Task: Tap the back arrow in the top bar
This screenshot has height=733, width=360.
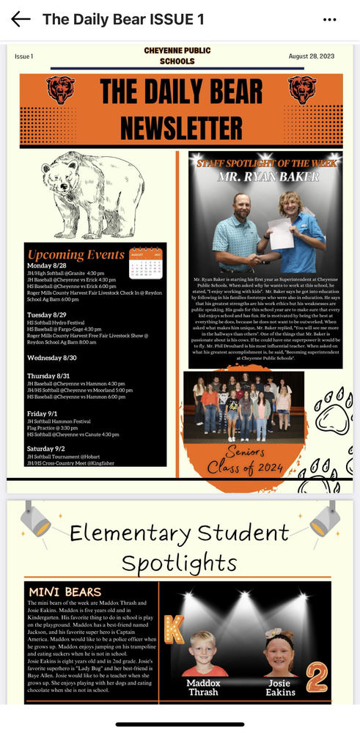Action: (21, 19)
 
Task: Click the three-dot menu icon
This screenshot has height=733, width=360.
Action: (330, 19)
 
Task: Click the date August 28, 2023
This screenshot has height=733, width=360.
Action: (312, 56)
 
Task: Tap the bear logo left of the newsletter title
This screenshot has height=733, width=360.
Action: (60, 89)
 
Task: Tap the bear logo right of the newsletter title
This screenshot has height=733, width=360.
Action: (302, 89)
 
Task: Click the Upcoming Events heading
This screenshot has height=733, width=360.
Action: (76, 255)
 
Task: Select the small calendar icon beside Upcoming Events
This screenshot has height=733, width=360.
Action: (145, 263)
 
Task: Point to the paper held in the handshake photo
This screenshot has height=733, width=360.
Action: (281, 233)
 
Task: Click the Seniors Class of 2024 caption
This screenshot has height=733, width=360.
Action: (246, 460)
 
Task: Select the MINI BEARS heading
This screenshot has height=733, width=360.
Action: (65, 592)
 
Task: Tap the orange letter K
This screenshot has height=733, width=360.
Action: (174, 628)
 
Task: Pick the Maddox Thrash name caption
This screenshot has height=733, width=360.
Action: (204, 687)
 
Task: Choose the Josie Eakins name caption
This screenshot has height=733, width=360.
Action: (280, 687)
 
